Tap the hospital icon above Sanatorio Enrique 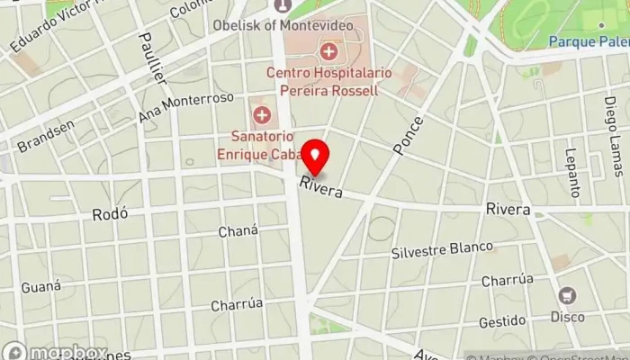click(263, 114)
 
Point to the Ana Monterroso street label click(186, 108)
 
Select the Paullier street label click(154, 59)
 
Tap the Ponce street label click(409, 134)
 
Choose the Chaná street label click(238, 231)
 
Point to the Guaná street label click(42, 287)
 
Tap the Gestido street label click(502, 321)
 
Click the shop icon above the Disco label click(567, 296)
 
